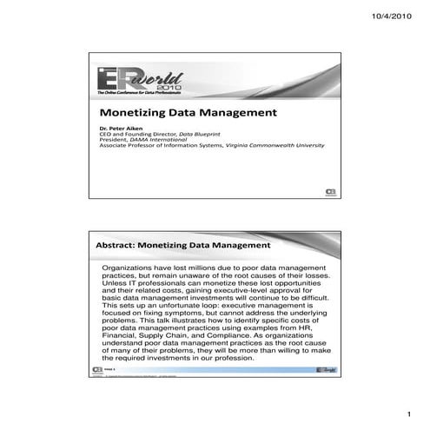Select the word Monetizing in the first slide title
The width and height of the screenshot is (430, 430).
pyautogui.click(x=134, y=113)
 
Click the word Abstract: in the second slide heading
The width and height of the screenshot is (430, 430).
pyautogui.click(x=116, y=246)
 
